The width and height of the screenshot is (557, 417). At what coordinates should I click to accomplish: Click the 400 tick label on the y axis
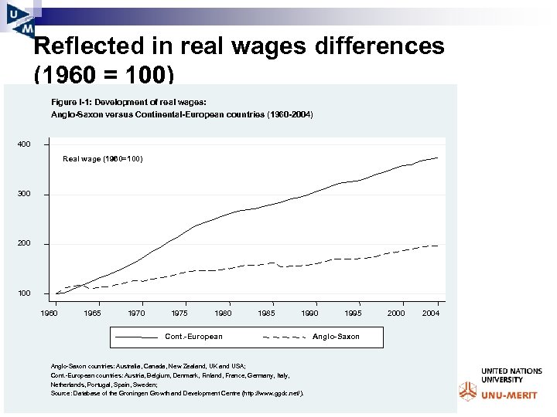[25, 144]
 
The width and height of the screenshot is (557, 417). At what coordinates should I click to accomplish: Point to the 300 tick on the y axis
[25, 194]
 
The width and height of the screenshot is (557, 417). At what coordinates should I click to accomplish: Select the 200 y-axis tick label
[25, 243]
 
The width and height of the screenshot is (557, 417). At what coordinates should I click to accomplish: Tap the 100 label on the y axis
[25, 293]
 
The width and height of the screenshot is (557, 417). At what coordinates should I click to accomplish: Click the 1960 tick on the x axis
[49, 314]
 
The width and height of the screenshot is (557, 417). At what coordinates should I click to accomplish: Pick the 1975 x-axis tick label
[179, 314]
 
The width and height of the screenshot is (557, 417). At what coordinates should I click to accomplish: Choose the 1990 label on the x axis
[310, 314]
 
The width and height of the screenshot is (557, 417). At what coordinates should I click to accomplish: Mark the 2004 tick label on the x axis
[432, 314]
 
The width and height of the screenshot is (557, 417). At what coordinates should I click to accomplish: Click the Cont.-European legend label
[193, 337]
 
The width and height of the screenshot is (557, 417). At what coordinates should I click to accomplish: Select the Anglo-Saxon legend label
[336, 337]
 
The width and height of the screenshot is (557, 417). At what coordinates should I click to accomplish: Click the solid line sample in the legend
[136, 337]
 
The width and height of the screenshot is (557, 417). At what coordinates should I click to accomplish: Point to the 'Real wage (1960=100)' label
[102, 159]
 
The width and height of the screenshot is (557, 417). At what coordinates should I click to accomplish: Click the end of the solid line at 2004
[439, 158]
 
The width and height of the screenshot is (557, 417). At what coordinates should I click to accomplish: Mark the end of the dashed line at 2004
[439, 246]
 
